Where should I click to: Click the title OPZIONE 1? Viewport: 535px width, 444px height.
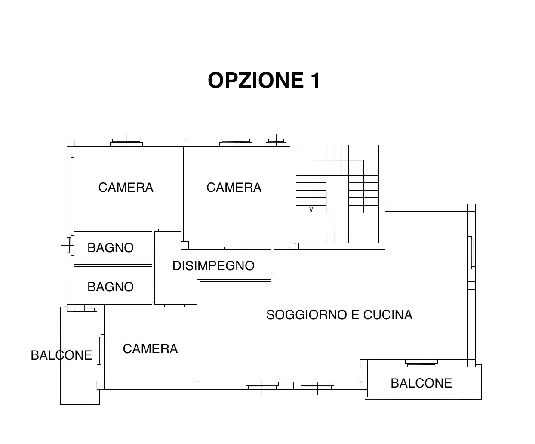[x=264, y=80]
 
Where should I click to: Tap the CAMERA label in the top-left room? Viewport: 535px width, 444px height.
[x=126, y=188]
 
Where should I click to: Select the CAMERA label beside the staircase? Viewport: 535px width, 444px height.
[x=234, y=188]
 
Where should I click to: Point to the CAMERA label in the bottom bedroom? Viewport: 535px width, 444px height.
[x=151, y=349]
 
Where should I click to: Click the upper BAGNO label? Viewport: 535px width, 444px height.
[x=111, y=248]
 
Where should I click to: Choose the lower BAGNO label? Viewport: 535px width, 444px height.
[x=111, y=287]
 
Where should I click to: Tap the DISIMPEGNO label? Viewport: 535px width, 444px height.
[x=213, y=266]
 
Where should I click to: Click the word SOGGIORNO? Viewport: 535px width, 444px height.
[x=307, y=315]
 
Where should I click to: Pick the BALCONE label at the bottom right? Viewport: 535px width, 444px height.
[x=421, y=383]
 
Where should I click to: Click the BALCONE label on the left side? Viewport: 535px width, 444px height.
[x=61, y=355]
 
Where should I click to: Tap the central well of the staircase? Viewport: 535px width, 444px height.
[x=337, y=194]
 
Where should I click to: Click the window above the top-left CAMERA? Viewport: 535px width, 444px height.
[x=126, y=142]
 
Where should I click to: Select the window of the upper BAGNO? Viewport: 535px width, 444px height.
[x=71, y=245]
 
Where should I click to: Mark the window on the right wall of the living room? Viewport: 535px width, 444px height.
[x=472, y=253]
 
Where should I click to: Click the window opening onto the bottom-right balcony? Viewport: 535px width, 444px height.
[x=421, y=363]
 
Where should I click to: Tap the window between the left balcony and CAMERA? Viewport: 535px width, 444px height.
[x=101, y=351]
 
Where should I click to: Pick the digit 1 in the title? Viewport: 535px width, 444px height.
[x=316, y=80]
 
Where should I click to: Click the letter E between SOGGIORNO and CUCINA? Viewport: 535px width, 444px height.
[x=355, y=315]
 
